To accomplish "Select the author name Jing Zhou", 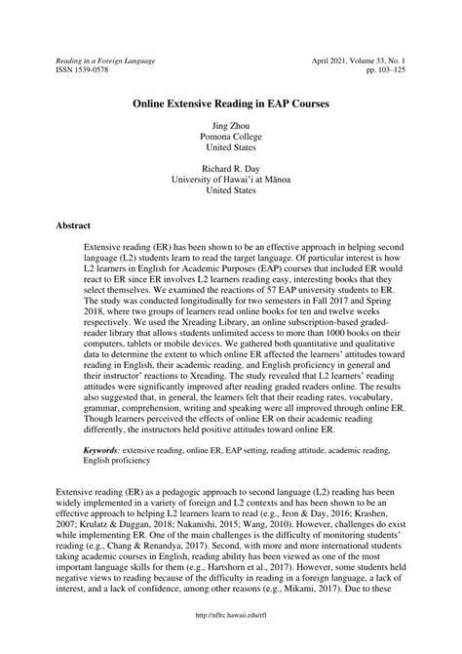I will [x=230, y=127].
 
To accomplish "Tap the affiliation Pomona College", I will [x=230, y=139].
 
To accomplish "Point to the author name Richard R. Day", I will [x=230, y=167].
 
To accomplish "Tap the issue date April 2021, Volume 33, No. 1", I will [x=361, y=61].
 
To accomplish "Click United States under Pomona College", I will [x=230, y=150].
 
